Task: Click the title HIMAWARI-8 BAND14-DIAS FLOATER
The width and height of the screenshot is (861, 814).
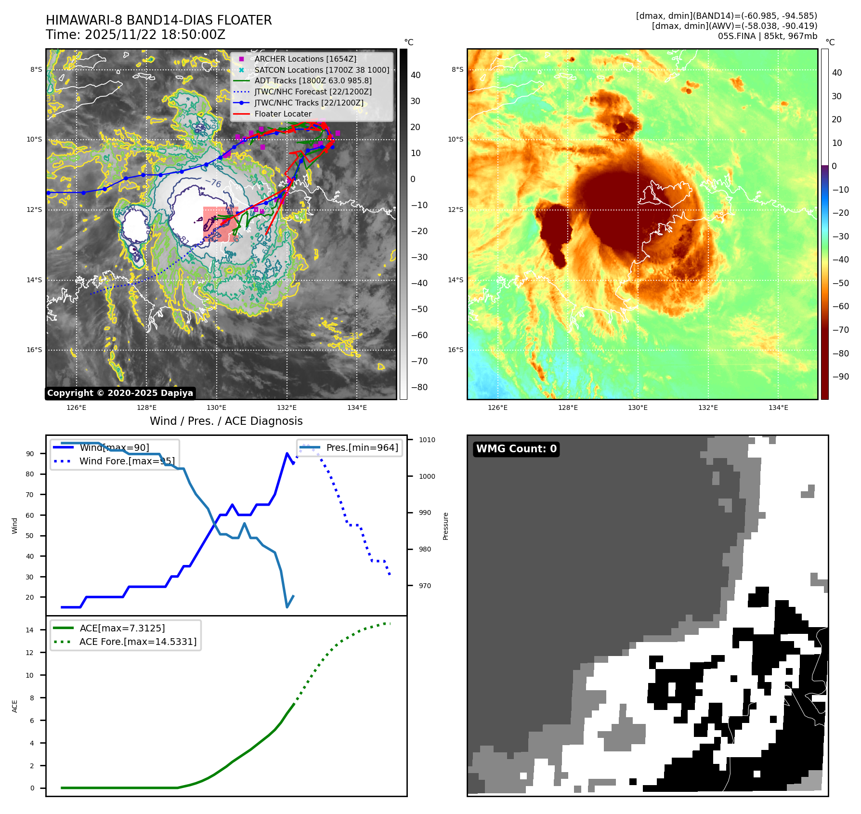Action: [x=158, y=20]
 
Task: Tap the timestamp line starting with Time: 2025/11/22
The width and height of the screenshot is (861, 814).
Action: [x=135, y=35]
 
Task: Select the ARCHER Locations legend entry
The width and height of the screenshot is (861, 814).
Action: [x=305, y=59]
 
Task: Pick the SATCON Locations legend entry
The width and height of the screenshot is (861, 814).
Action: [x=322, y=70]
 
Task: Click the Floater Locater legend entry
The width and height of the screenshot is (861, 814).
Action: [x=283, y=114]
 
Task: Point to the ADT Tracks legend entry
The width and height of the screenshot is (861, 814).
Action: [x=313, y=81]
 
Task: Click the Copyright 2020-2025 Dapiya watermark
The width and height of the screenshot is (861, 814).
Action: [x=120, y=393]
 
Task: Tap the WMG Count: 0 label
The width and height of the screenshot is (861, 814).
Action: [x=516, y=449]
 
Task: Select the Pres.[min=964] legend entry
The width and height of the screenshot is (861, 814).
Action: [x=362, y=448]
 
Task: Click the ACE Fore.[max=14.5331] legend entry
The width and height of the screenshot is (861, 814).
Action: [x=138, y=642]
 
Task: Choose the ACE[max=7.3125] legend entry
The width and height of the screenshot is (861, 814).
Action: [x=122, y=629]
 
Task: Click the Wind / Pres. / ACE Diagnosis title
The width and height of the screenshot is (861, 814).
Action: [x=226, y=421]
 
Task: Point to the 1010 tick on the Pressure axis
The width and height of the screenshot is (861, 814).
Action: [x=427, y=440]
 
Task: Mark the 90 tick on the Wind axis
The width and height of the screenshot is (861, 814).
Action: [x=30, y=454]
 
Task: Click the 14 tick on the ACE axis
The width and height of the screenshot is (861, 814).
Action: [x=30, y=630]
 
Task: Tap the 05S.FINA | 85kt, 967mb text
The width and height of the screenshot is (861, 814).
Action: [x=767, y=36]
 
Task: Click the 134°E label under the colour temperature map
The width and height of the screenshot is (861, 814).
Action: [x=778, y=407]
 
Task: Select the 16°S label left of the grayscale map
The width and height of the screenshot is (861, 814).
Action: [x=34, y=350]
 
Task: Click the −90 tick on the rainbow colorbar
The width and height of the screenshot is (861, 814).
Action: [x=840, y=377]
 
